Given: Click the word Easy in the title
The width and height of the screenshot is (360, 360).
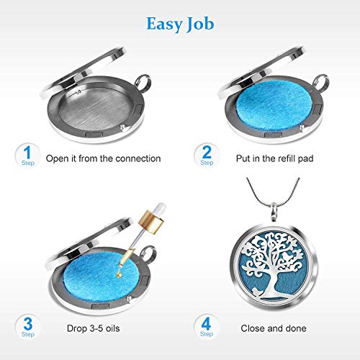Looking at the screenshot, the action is coord(164,24).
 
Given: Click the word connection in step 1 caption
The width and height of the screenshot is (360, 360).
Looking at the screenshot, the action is coord(138,158).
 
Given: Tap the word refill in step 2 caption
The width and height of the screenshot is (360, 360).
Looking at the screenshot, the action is coord(284,158).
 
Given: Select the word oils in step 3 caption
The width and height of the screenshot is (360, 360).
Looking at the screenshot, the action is coord(112,328).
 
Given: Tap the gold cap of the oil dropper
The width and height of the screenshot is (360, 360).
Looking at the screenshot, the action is coord(151,222).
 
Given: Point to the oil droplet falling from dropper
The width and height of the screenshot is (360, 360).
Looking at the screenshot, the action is coord(119,274).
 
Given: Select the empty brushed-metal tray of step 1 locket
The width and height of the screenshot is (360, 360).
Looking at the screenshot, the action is coord(96,107).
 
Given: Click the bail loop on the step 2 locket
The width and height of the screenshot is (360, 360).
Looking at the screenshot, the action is coord(321,83).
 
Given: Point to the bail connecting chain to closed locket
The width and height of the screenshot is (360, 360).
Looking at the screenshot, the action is coord(274,211).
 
